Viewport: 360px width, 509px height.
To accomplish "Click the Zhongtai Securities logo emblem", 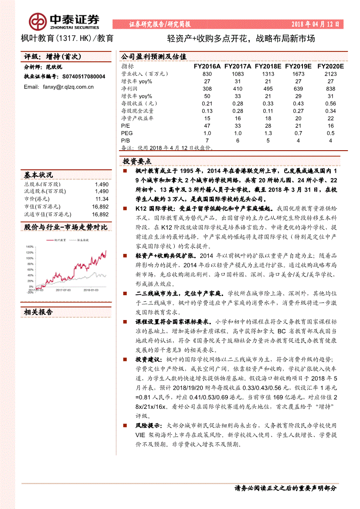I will point(38,21).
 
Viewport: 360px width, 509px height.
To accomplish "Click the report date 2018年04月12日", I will point(315,24).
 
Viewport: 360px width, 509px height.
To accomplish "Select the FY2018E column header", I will point(268,66).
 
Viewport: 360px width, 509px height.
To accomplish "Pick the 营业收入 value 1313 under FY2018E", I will point(268,74).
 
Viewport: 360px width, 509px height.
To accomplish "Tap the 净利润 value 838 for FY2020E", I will point(330,88).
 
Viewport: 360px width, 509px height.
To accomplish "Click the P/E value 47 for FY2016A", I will point(207,125).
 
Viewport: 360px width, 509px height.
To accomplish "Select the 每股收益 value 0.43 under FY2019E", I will point(299,104).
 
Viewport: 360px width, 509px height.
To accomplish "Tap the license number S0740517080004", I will point(84,76).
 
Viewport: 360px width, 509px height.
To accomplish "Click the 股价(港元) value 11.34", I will point(102,199).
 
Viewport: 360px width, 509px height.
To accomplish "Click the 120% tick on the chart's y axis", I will point(30,253).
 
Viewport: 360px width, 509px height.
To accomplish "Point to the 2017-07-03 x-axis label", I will point(64,289).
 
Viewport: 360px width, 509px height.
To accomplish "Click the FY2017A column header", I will point(238,66).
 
